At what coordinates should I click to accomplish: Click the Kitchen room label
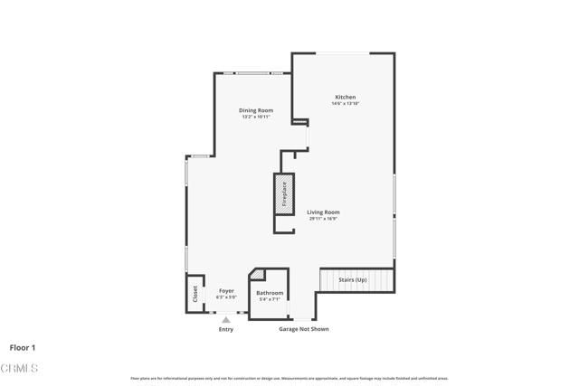tap(345, 97)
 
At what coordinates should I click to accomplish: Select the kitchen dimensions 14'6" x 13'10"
tap(345, 103)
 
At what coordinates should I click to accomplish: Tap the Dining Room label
tap(256, 110)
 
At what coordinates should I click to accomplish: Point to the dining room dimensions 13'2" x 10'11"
tap(256, 117)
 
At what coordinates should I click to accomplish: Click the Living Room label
tap(323, 212)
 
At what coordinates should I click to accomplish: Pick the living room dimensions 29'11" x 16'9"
tap(323, 218)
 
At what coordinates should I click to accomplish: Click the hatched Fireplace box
tap(282, 197)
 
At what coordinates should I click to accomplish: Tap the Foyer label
tap(226, 291)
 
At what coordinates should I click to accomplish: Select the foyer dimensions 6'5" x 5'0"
tap(226, 297)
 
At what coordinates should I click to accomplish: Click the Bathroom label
tap(270, 293)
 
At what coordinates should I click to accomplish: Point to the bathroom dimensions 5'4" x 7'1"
tap(270, 299)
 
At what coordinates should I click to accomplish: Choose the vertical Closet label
tap(195, 294)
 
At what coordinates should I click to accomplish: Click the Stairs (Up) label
tap(353, 280)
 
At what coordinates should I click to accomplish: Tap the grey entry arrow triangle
tap(226, 319)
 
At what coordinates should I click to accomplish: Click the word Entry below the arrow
tap(226, 329)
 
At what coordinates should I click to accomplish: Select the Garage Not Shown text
tap(303, 329)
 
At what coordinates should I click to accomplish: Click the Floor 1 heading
tap(24, 346)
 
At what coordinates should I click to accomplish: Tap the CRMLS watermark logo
tap(20, 369)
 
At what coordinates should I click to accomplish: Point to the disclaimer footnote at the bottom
tap(289, 378)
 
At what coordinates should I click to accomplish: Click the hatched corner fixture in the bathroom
tap(257, 275)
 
